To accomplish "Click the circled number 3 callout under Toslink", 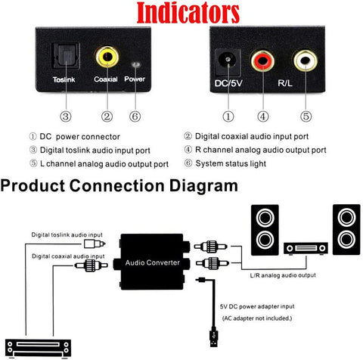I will tap(65, 116).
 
